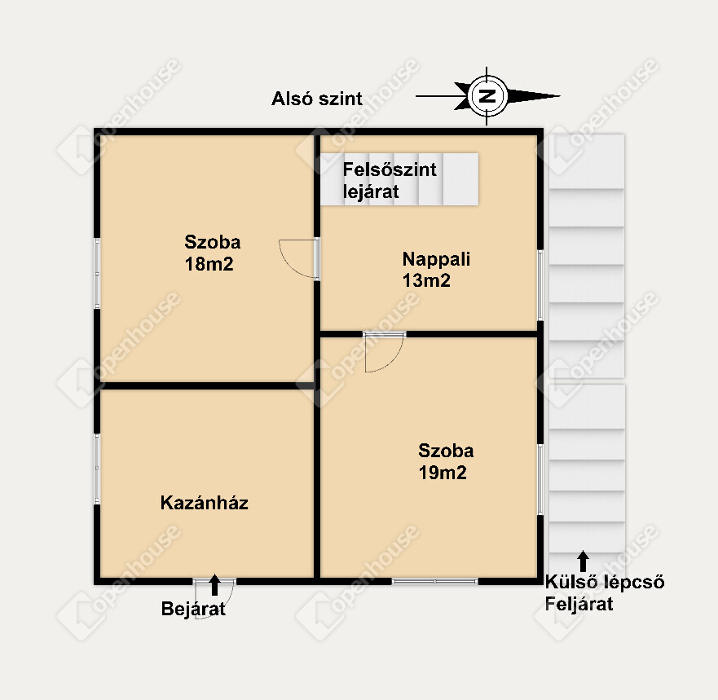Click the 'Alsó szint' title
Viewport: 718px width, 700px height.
click(x=317, y=99)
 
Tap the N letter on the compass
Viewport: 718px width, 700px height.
click(x=487, y=96)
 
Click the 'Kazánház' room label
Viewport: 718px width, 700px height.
click(x=205, y=503)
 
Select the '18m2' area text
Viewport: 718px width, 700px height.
click(x=209, y=264)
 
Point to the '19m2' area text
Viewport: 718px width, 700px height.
click(x=443, y=473)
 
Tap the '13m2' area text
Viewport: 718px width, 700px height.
click(x=426, y=280)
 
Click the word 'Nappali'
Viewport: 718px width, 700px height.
click(x=436, y=259)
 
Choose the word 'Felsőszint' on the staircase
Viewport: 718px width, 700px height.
click(x=390, y=169)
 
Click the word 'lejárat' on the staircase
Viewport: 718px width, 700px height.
click(x=371, y=192)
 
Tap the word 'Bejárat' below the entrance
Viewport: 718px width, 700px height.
click(x=193, y=609)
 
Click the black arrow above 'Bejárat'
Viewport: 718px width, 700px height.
click(x=215, y=585)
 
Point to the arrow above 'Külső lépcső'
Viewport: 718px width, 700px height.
click(x=583, y=561)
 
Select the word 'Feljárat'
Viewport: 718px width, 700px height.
click(x=579, y=604)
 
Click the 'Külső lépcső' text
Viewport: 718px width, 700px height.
click(x=605, y=582)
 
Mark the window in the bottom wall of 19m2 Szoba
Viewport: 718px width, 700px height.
click(x=435, y=581)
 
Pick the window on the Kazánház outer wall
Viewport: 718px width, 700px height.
click(x=97, y=469)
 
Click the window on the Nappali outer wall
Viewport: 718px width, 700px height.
click(x=540, y=285)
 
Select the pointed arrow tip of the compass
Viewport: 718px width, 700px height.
click(x=560, y=96)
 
